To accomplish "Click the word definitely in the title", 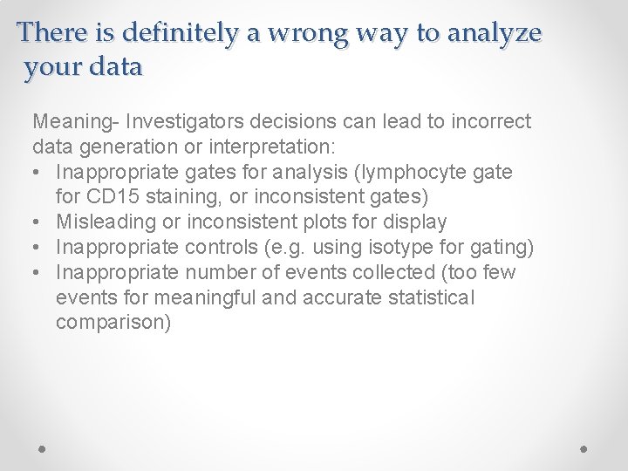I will [x=181, y=33].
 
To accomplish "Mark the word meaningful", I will [x=194, y=298].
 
